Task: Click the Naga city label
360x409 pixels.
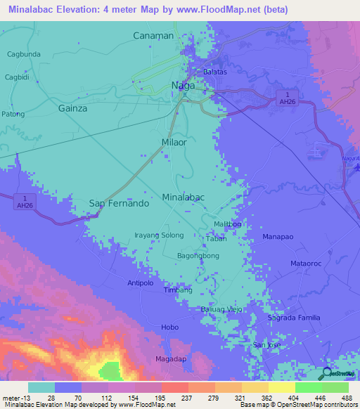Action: point(184,86)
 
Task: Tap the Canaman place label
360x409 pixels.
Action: point(153,35)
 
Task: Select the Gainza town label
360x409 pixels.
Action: point(73,108)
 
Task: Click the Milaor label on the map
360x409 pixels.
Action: point(174,142)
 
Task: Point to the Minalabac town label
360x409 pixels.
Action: point(184,197)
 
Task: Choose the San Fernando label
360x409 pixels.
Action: point(119,203)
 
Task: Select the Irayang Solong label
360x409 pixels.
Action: point(159,235)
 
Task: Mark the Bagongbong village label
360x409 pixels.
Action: point(198,256)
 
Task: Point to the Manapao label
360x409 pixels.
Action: point(278,238)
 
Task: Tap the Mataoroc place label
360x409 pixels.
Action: point(306,264)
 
